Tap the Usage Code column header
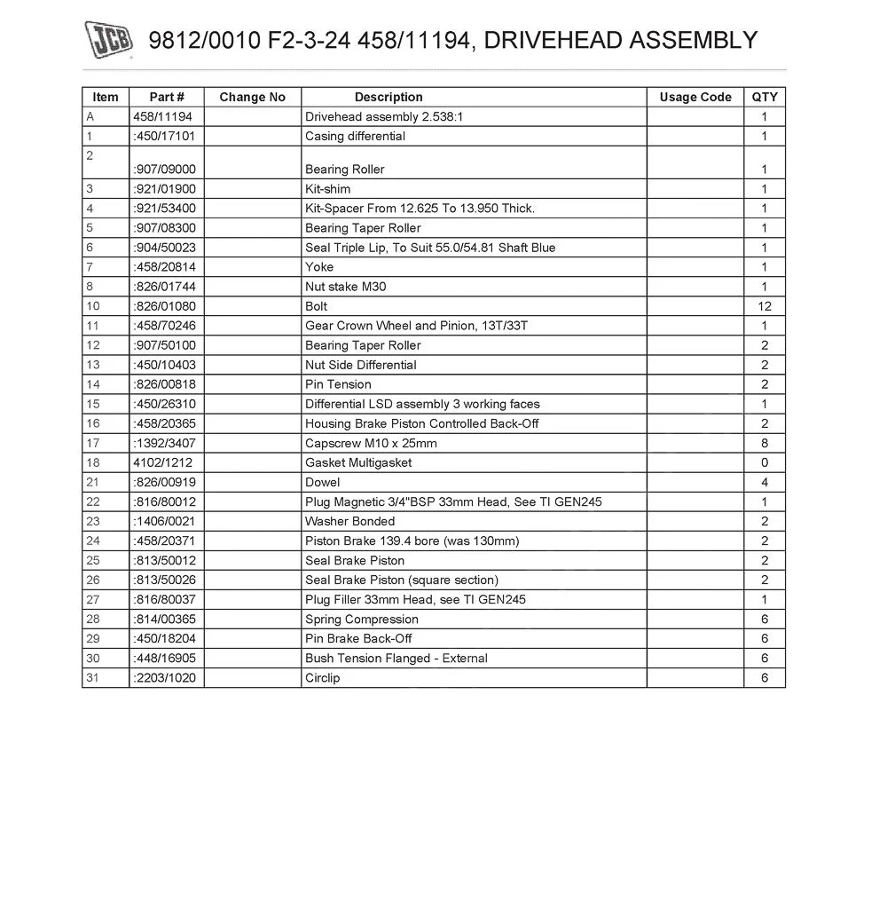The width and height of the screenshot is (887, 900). point(695,97)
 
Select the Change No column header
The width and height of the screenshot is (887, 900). point(252,97)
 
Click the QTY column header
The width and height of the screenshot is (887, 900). point(765,97)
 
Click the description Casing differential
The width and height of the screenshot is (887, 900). point(355,136)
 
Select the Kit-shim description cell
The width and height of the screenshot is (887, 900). point(327,189)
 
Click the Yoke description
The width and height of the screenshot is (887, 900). point(319,267)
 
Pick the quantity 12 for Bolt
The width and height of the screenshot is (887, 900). point(765,306)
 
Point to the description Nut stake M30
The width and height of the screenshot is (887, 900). point(345,287)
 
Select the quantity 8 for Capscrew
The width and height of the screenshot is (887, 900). point(765,443)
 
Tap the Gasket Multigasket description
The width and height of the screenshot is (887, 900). point(358,462)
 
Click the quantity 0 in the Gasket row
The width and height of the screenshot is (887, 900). point(765,462)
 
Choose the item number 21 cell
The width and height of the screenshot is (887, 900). point(93,482)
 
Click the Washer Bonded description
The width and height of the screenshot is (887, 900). point(349,521)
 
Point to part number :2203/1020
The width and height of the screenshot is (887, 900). point(164,677)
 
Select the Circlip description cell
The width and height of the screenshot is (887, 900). point(322,677)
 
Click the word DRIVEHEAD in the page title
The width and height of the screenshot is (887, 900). point(553,40)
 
